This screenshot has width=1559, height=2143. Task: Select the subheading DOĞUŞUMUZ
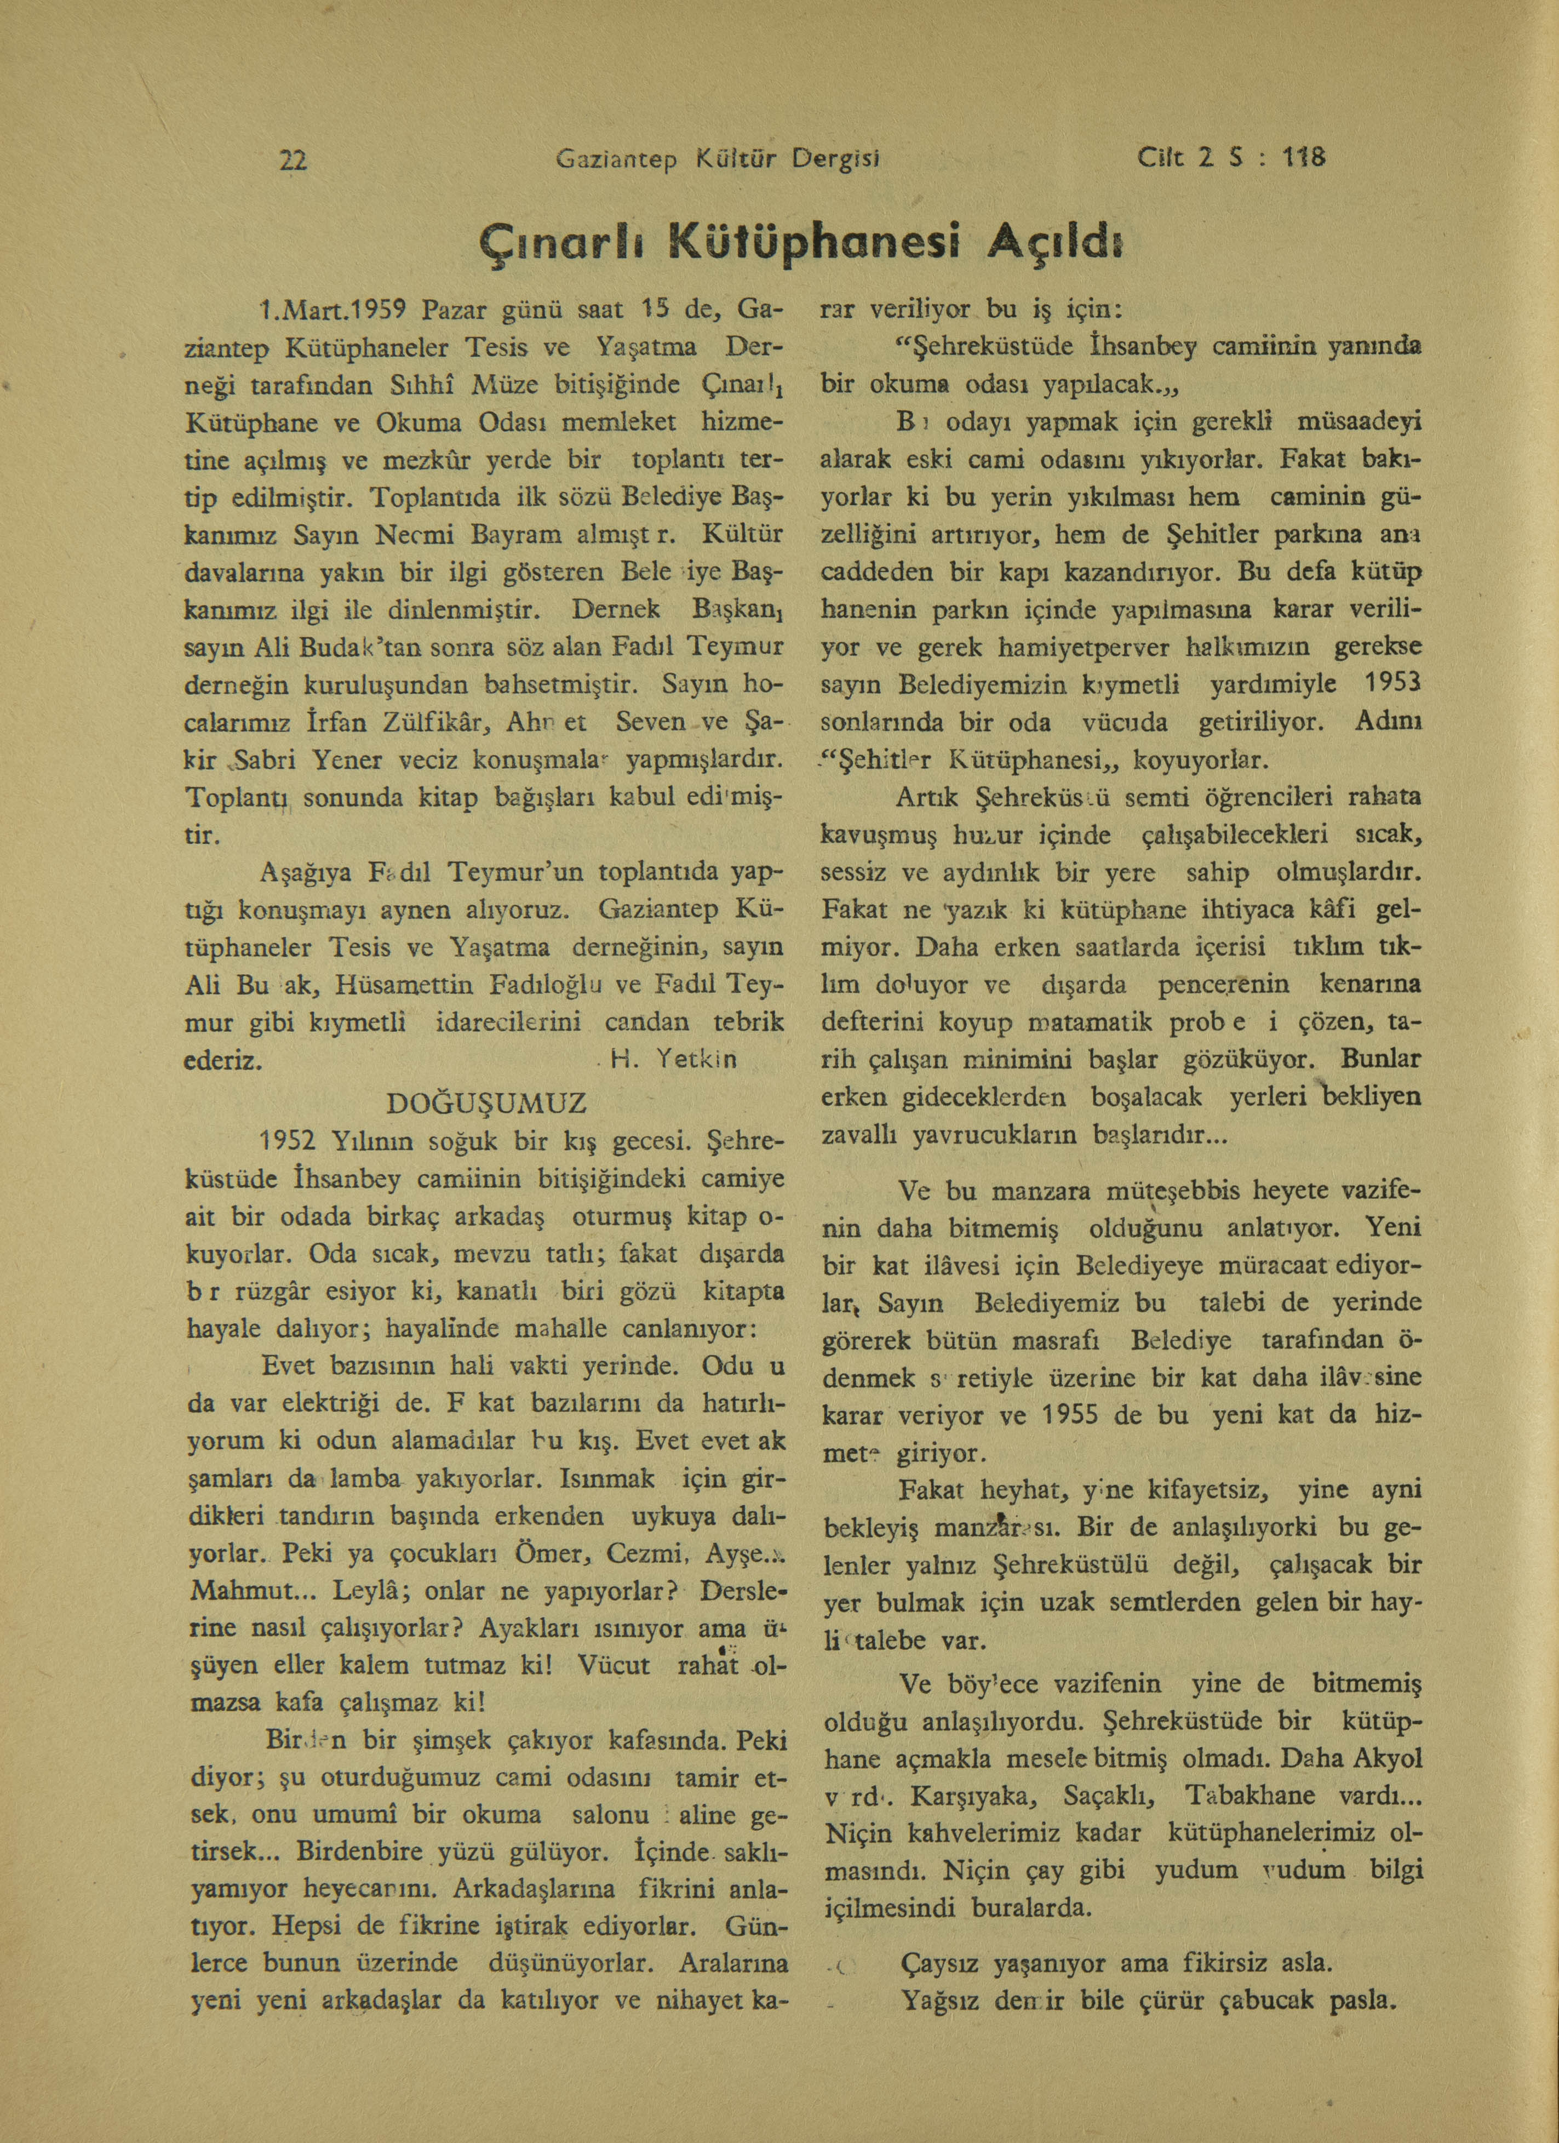[488, 1102]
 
